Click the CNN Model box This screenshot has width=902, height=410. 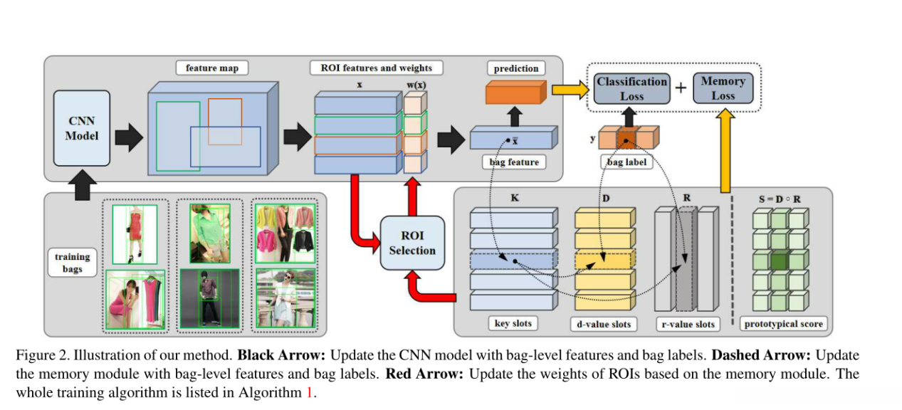click(x=82, y=128)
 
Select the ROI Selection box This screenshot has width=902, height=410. click(x=411, y=243)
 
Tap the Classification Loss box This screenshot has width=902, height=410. click(x=631, y=89)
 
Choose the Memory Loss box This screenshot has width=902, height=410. click(x=723, y=88)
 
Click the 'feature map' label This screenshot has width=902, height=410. click(x=211, y=68)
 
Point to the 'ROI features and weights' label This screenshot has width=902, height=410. click(x=376, y=68)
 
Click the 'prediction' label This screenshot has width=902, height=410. click(x=516, y=68)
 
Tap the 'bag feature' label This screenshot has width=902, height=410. click(x=514, y=162)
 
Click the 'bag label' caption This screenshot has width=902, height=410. click(x=626, y=162)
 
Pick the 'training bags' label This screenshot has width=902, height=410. click(x=73, y=263)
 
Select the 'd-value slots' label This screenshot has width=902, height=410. click(x=604, y=325)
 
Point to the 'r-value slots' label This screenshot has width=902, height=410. click(x=686, y=325)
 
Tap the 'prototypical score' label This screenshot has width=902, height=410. click(x=783, y=325)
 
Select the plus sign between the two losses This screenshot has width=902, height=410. click(x=680, y=88)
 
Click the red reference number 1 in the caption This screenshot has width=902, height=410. click(x=309, y=391)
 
